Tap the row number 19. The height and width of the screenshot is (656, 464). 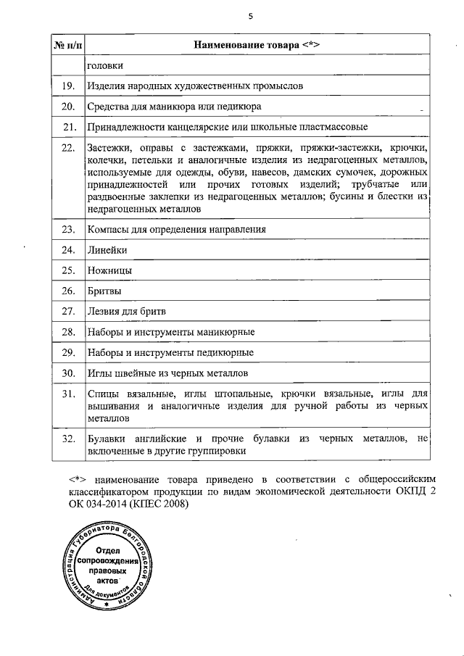click(68, 86)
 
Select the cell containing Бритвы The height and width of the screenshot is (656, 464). click(104, 291)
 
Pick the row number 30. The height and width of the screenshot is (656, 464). click(68, 373)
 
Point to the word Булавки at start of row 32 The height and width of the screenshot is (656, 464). click(107, 439)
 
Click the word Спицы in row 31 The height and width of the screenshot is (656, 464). click(102, 394)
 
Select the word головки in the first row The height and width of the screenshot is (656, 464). click(104, 66)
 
